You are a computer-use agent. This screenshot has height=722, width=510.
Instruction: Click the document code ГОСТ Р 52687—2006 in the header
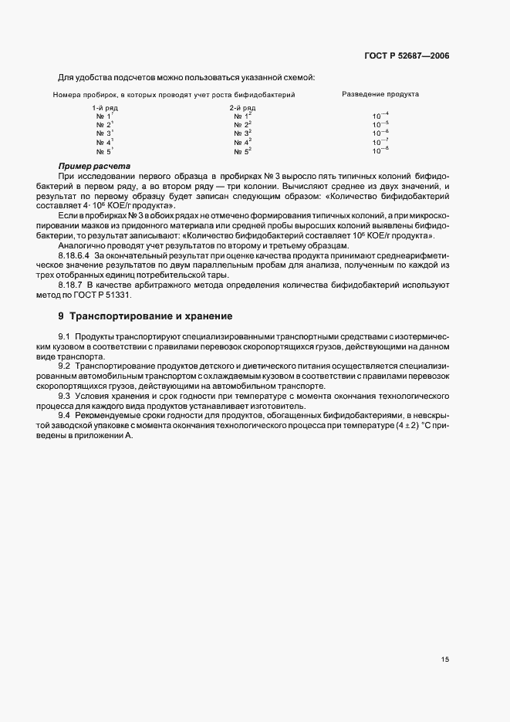(407, 56)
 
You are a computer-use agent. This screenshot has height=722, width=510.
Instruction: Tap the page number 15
(445, 659)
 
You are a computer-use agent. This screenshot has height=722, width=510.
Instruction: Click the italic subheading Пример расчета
(94, 167)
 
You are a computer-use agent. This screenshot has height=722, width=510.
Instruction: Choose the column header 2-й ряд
(242, 109)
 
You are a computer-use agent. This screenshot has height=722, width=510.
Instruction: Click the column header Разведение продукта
(380, 94)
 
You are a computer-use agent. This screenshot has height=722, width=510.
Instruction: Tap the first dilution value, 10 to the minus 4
(380, 115)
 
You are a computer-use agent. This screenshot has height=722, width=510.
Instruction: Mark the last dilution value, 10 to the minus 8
(380, 151)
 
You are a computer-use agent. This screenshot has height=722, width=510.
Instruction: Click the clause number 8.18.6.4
(74, 254)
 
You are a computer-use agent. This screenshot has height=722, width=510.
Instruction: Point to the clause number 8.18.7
(72, 286)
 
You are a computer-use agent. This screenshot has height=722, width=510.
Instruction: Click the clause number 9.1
(64, 337)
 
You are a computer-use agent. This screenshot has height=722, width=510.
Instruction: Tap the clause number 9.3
(64, 396)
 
